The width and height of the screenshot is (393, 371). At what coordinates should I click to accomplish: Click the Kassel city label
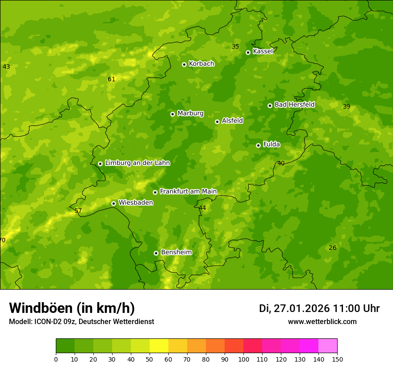[x=263, y=51]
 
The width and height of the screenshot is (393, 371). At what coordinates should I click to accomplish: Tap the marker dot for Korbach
[x=184, y=64]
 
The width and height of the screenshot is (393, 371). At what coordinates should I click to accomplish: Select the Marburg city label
[x=190, y=114]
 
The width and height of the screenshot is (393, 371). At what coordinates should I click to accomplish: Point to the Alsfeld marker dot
[x=217, y=122]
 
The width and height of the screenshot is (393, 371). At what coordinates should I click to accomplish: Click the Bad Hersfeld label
[x=294, y=105]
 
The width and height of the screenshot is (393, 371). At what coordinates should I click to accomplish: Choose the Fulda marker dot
[x=258, y=145]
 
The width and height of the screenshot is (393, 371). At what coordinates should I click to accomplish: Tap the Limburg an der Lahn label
[x=137, y=163]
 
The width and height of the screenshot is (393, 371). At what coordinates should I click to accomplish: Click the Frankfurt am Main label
[x=188, y=192]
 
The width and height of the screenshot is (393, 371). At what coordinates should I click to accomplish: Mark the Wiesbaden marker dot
[x=113, y=203]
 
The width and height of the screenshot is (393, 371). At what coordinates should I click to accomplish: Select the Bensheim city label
[x=176, y=253]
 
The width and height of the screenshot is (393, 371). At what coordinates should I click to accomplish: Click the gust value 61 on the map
[x=111, y=80]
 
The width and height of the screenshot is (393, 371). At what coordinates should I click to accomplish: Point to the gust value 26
[x=332, y=248]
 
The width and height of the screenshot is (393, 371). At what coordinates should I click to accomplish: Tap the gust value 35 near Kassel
[x=235, y=47]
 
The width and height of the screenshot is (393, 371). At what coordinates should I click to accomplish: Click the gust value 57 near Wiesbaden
[x=78, y=211]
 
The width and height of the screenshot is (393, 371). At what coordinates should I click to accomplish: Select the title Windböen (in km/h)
[x=72, y=308]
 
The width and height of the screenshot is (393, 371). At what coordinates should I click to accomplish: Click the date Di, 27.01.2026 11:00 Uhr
[x=319, y=308]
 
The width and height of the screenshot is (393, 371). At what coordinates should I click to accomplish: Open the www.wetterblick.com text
[x=322, y=322]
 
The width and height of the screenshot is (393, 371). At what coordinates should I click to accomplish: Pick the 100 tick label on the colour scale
[x=243, y=359]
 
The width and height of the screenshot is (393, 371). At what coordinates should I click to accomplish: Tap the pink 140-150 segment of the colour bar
[x=328, y=346]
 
